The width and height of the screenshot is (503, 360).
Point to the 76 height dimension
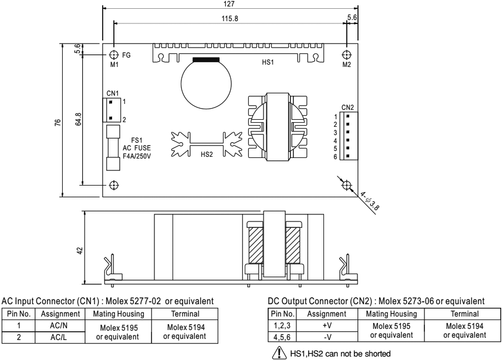pos(58,122)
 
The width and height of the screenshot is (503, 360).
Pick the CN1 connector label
pos(113,93)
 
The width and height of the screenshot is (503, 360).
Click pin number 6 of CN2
pos(335,157)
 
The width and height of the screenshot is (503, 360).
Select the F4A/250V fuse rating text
pos(137,157)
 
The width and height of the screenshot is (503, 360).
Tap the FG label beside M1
pos(126,54)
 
